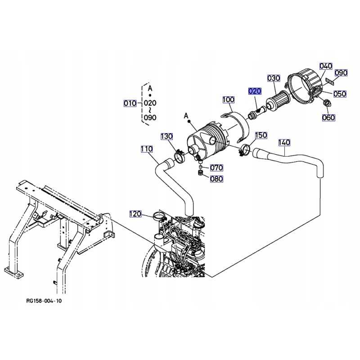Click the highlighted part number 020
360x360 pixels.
pos(255,91)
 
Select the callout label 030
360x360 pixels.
pos(274,78)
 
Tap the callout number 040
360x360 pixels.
pos(325,66)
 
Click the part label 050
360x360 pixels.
pos(340,94)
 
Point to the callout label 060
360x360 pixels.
pos(328,118)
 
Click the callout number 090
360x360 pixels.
pos(341,73)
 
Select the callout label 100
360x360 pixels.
pos(229,99)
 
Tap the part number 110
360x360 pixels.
pos(147,149)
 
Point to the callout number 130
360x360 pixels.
pos(166,136)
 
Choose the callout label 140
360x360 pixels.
pos(284,142)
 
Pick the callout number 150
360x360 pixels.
pos(261,135)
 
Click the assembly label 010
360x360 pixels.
pos(130,103)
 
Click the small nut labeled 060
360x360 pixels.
pos(327,104)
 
